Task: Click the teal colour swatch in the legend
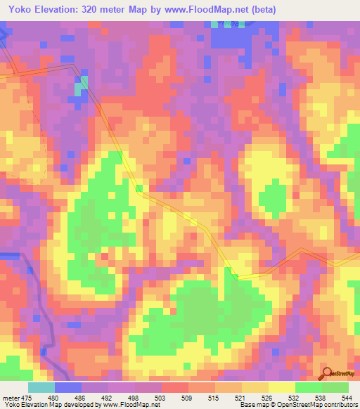pos(41,387)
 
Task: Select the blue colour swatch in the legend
pos(68,387)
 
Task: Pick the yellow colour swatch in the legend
pos(282,387)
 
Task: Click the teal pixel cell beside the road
pos(83,82)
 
